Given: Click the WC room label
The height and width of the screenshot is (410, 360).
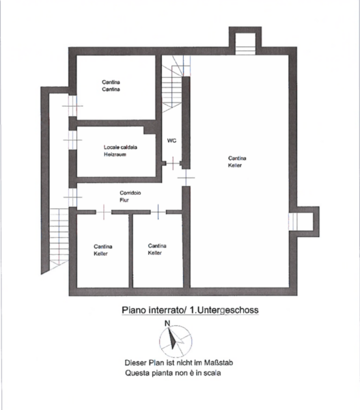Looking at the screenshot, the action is (x=171, y=141).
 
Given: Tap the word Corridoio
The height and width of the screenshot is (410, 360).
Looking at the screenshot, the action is (x=130, y=193).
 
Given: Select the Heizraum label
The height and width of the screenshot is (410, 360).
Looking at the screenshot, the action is (x=115, y=154).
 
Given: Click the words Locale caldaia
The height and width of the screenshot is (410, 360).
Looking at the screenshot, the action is (x=120, y=147).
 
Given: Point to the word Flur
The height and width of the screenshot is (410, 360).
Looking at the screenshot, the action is (x=124, y=200).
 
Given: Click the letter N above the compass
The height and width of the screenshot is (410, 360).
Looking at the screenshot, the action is (x=167, y=323).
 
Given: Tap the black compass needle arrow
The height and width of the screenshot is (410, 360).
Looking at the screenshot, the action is (x=171, y=338).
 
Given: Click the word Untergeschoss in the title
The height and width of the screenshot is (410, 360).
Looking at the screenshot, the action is (x=224, y=310).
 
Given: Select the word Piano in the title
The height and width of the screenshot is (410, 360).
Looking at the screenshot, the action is (x=134, y=310).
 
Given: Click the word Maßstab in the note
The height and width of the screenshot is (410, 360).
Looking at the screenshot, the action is (x=219, y=363).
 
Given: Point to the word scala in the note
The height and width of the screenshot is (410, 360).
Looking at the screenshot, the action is (x=212, y=373).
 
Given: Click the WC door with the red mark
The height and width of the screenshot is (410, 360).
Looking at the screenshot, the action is (x=173, y=163).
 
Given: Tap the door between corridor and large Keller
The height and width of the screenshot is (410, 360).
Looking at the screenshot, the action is (x=186, y=178).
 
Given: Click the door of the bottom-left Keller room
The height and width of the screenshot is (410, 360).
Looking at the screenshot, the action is (x=104, y=212).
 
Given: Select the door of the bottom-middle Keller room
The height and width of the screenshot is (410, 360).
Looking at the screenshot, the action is (x=158, y=212).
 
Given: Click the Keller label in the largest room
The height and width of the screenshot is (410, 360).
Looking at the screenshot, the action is (x=235, y=165).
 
